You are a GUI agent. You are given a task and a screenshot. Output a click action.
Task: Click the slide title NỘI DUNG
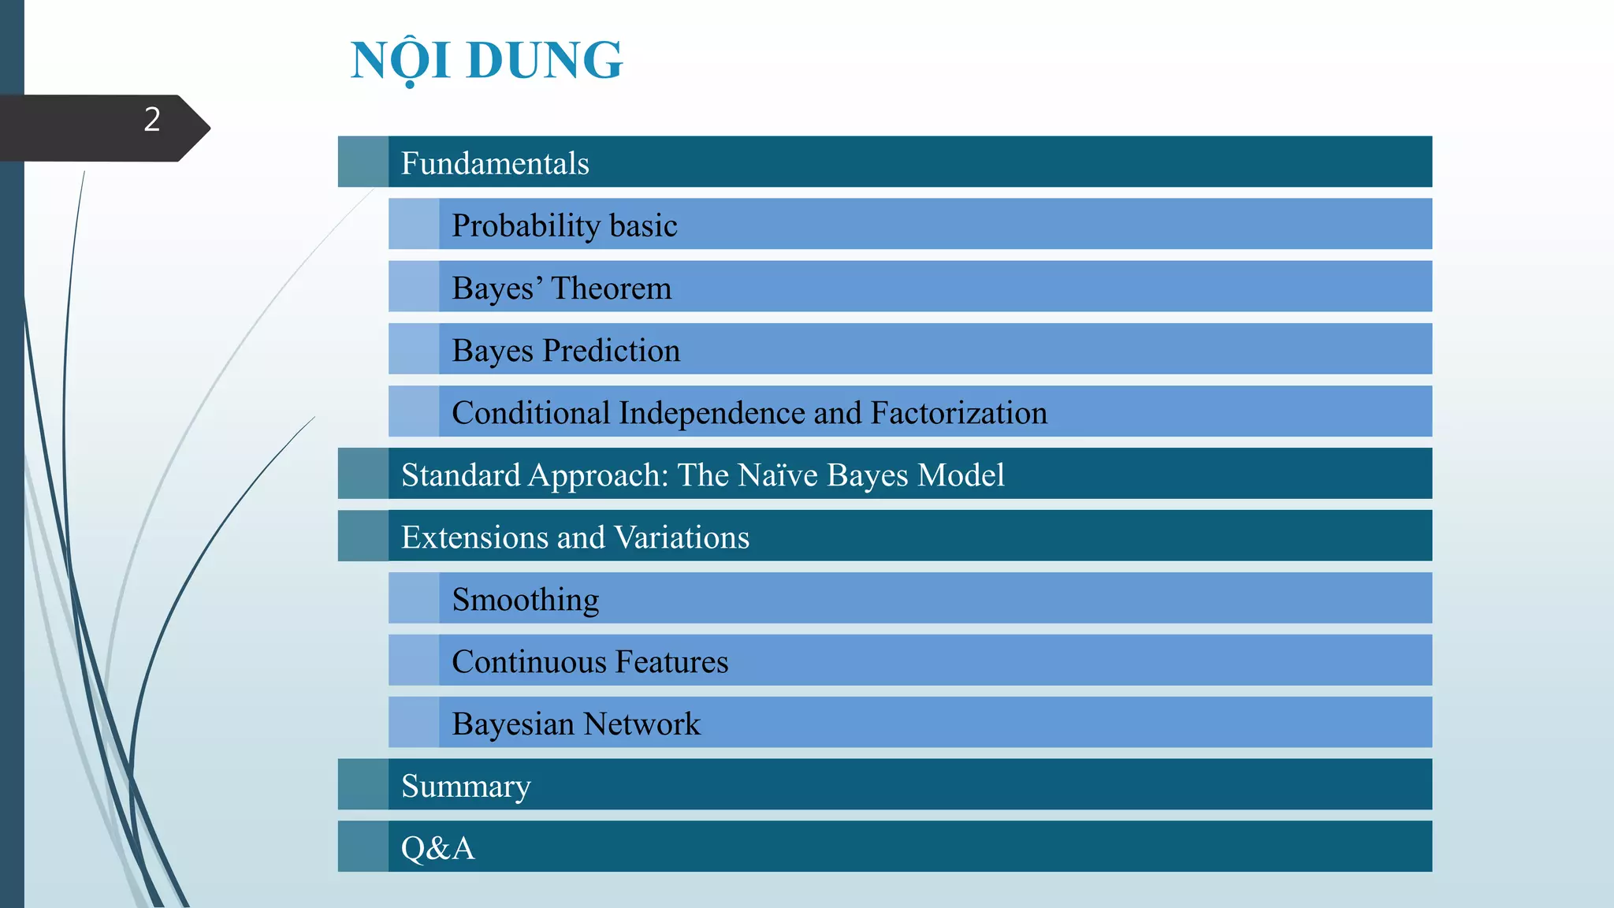coord(486,61)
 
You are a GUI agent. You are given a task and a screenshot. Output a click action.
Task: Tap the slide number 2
coord(152,120)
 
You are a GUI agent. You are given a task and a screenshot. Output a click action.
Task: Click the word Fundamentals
coord(495,163)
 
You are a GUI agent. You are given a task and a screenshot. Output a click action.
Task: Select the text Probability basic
coord(564,225)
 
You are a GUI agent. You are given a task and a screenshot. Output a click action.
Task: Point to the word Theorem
coord(611,288)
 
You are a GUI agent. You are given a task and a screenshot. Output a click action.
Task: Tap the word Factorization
coord(958,413)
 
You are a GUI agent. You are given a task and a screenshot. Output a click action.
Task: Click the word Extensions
coord(474,538)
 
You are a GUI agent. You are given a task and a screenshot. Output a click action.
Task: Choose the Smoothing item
coord(526,600)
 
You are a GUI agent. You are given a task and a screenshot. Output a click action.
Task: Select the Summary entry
coord(466,787)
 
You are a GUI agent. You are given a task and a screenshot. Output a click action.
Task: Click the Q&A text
coord(437,849)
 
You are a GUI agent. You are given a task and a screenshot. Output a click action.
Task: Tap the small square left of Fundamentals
coord(363,162)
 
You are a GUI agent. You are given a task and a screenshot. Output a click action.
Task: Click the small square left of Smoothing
coord(414,598)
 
